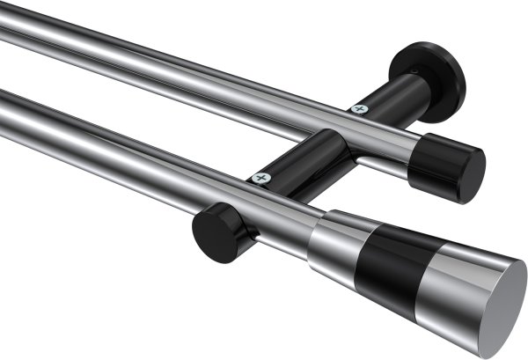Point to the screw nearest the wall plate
[x=359, y=109]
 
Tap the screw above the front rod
[x=260, y=178]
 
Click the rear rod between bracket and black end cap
[x=392, y=141]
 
